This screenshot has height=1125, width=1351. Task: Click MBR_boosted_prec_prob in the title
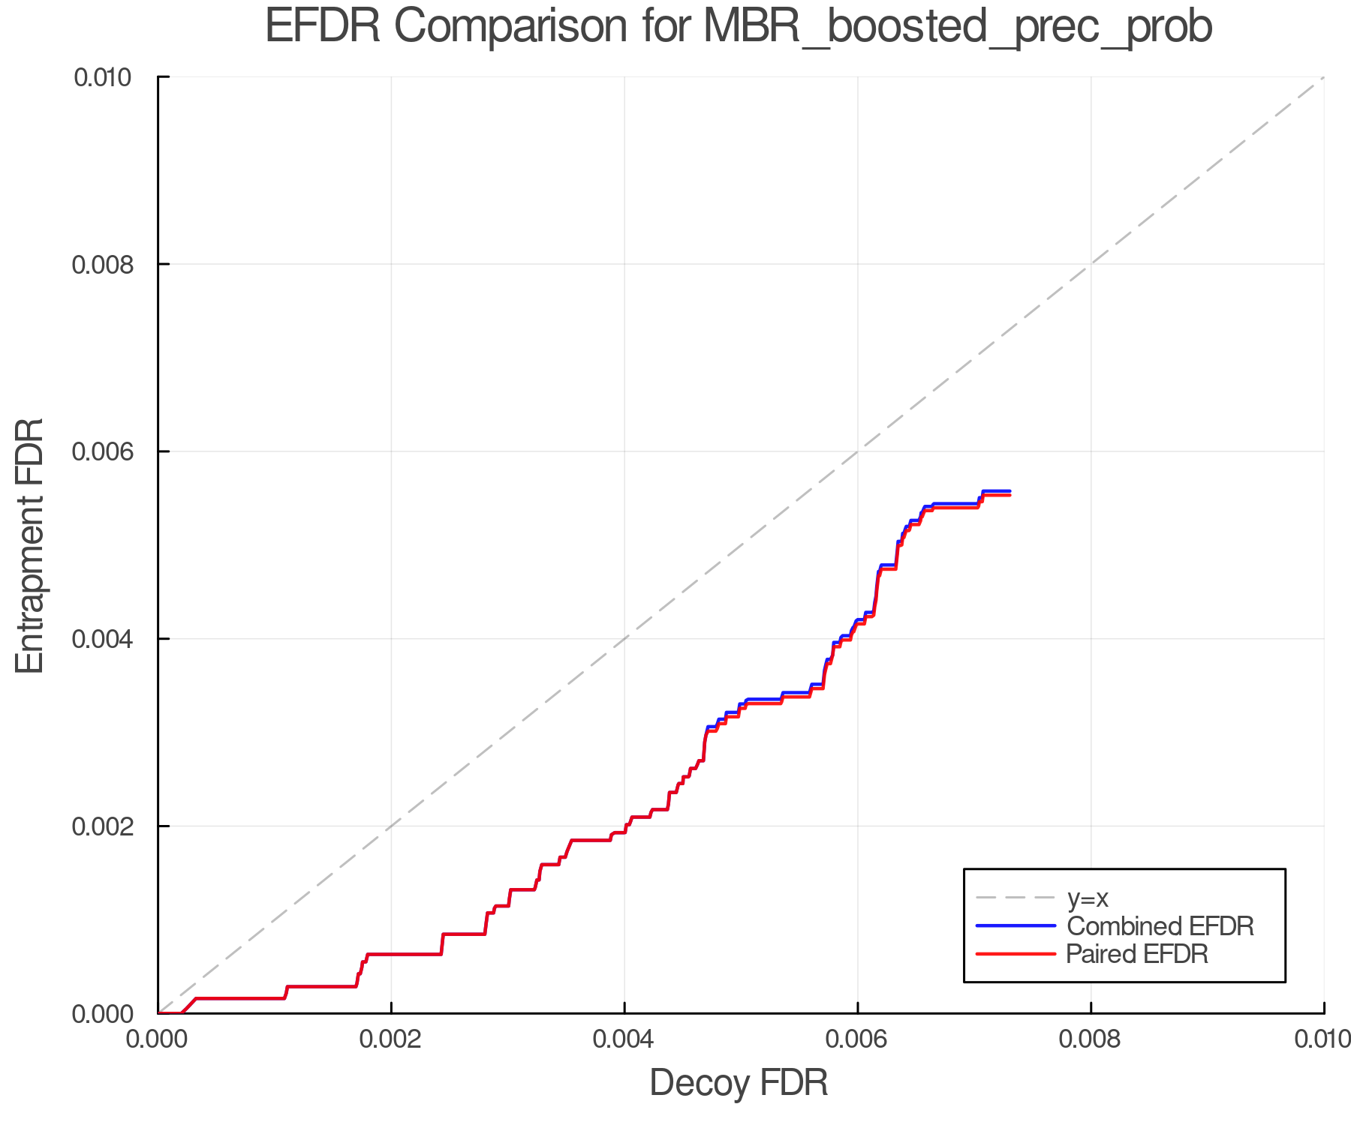(958, 27)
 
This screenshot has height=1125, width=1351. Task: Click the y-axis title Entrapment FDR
(30, 545)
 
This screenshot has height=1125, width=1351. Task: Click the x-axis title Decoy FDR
(739, 1083)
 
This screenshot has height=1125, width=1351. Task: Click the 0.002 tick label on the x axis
(391, 1039)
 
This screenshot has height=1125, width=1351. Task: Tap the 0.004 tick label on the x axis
(624, 1039)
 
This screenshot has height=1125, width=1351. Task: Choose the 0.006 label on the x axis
(858, 1039)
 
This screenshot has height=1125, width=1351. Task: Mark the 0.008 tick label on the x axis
(1091, 1039)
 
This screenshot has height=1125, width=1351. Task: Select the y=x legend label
(1088, 898)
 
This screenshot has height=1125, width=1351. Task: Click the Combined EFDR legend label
(1160, 926)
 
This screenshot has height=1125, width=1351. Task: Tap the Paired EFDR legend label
(1137, 954)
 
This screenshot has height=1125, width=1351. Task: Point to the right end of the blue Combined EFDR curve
(1009, 491)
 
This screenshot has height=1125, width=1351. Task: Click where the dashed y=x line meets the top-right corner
(1322, 78)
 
